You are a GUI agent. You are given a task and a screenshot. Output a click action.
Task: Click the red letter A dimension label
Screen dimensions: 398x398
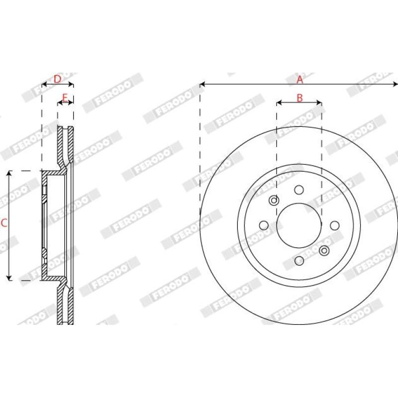[x=300, y=80]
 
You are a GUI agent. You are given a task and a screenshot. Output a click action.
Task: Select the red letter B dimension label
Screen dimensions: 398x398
[x=300, y=98]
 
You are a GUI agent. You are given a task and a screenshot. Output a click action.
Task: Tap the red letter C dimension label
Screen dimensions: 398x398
[x=4, y=223]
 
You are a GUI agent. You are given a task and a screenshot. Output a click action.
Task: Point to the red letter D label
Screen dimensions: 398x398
[x=58, y=79]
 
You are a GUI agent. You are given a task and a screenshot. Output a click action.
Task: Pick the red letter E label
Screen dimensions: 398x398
[x=65, y=97]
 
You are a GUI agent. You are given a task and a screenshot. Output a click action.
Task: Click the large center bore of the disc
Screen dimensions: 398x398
[x=299, y=225]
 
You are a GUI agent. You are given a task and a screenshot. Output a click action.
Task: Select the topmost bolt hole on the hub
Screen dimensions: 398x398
[x=299, y=190]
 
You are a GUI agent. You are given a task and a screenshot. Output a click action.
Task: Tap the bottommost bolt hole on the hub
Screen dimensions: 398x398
[x=299, y=261]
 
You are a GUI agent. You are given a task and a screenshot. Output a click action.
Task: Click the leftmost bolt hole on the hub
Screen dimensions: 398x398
[x=264, y=225]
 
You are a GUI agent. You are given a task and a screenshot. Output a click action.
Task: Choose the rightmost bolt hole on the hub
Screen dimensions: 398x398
[x=334, y=225]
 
